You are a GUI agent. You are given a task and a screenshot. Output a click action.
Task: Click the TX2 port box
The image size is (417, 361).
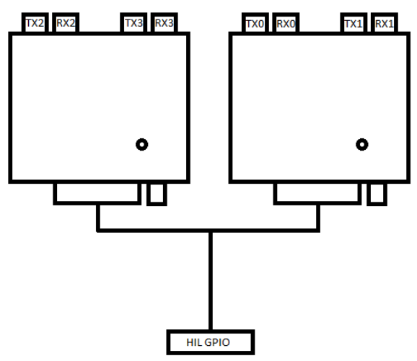click(35, 22)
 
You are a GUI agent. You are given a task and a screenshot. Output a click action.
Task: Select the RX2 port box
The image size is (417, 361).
click(66, 22)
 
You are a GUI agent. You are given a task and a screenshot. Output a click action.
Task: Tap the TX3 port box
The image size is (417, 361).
click(133, 22)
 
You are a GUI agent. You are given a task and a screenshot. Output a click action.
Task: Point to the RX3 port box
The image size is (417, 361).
click(164, 22)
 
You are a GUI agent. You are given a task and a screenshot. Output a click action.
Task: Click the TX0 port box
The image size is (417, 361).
click(255, 23)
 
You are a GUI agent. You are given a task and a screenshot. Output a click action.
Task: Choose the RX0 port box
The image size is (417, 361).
click(286, 23)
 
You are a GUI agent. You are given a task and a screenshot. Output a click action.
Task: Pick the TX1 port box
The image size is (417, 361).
click(354, 23)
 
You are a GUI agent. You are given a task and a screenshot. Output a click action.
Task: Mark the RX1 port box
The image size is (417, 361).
click(385, 23)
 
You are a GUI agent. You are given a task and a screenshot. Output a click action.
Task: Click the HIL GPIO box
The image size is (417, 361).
click(211, 342)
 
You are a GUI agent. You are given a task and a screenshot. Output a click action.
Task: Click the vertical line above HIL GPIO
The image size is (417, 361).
click(211, 281)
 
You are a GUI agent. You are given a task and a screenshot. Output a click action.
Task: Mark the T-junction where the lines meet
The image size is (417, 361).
click(211, 231)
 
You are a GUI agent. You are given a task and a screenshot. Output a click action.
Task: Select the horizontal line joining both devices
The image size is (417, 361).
click(208, 231)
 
